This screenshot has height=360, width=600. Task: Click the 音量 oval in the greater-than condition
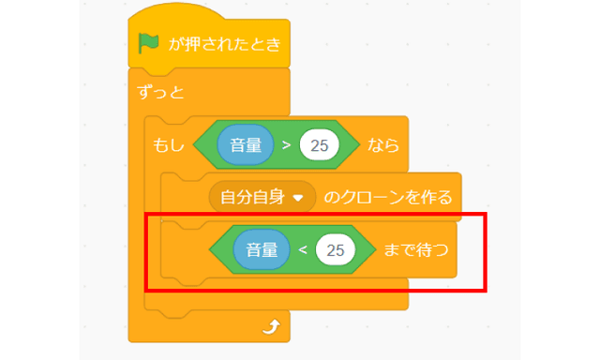click(245, 146)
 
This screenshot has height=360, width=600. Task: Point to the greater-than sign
click(285, 146)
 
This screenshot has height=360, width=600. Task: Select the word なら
click(384, 146)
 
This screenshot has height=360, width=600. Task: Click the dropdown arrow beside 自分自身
click(299, 198)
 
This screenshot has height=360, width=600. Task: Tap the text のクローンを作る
click(387, 197)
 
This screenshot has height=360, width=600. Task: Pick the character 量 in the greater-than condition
click(252, 146)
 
